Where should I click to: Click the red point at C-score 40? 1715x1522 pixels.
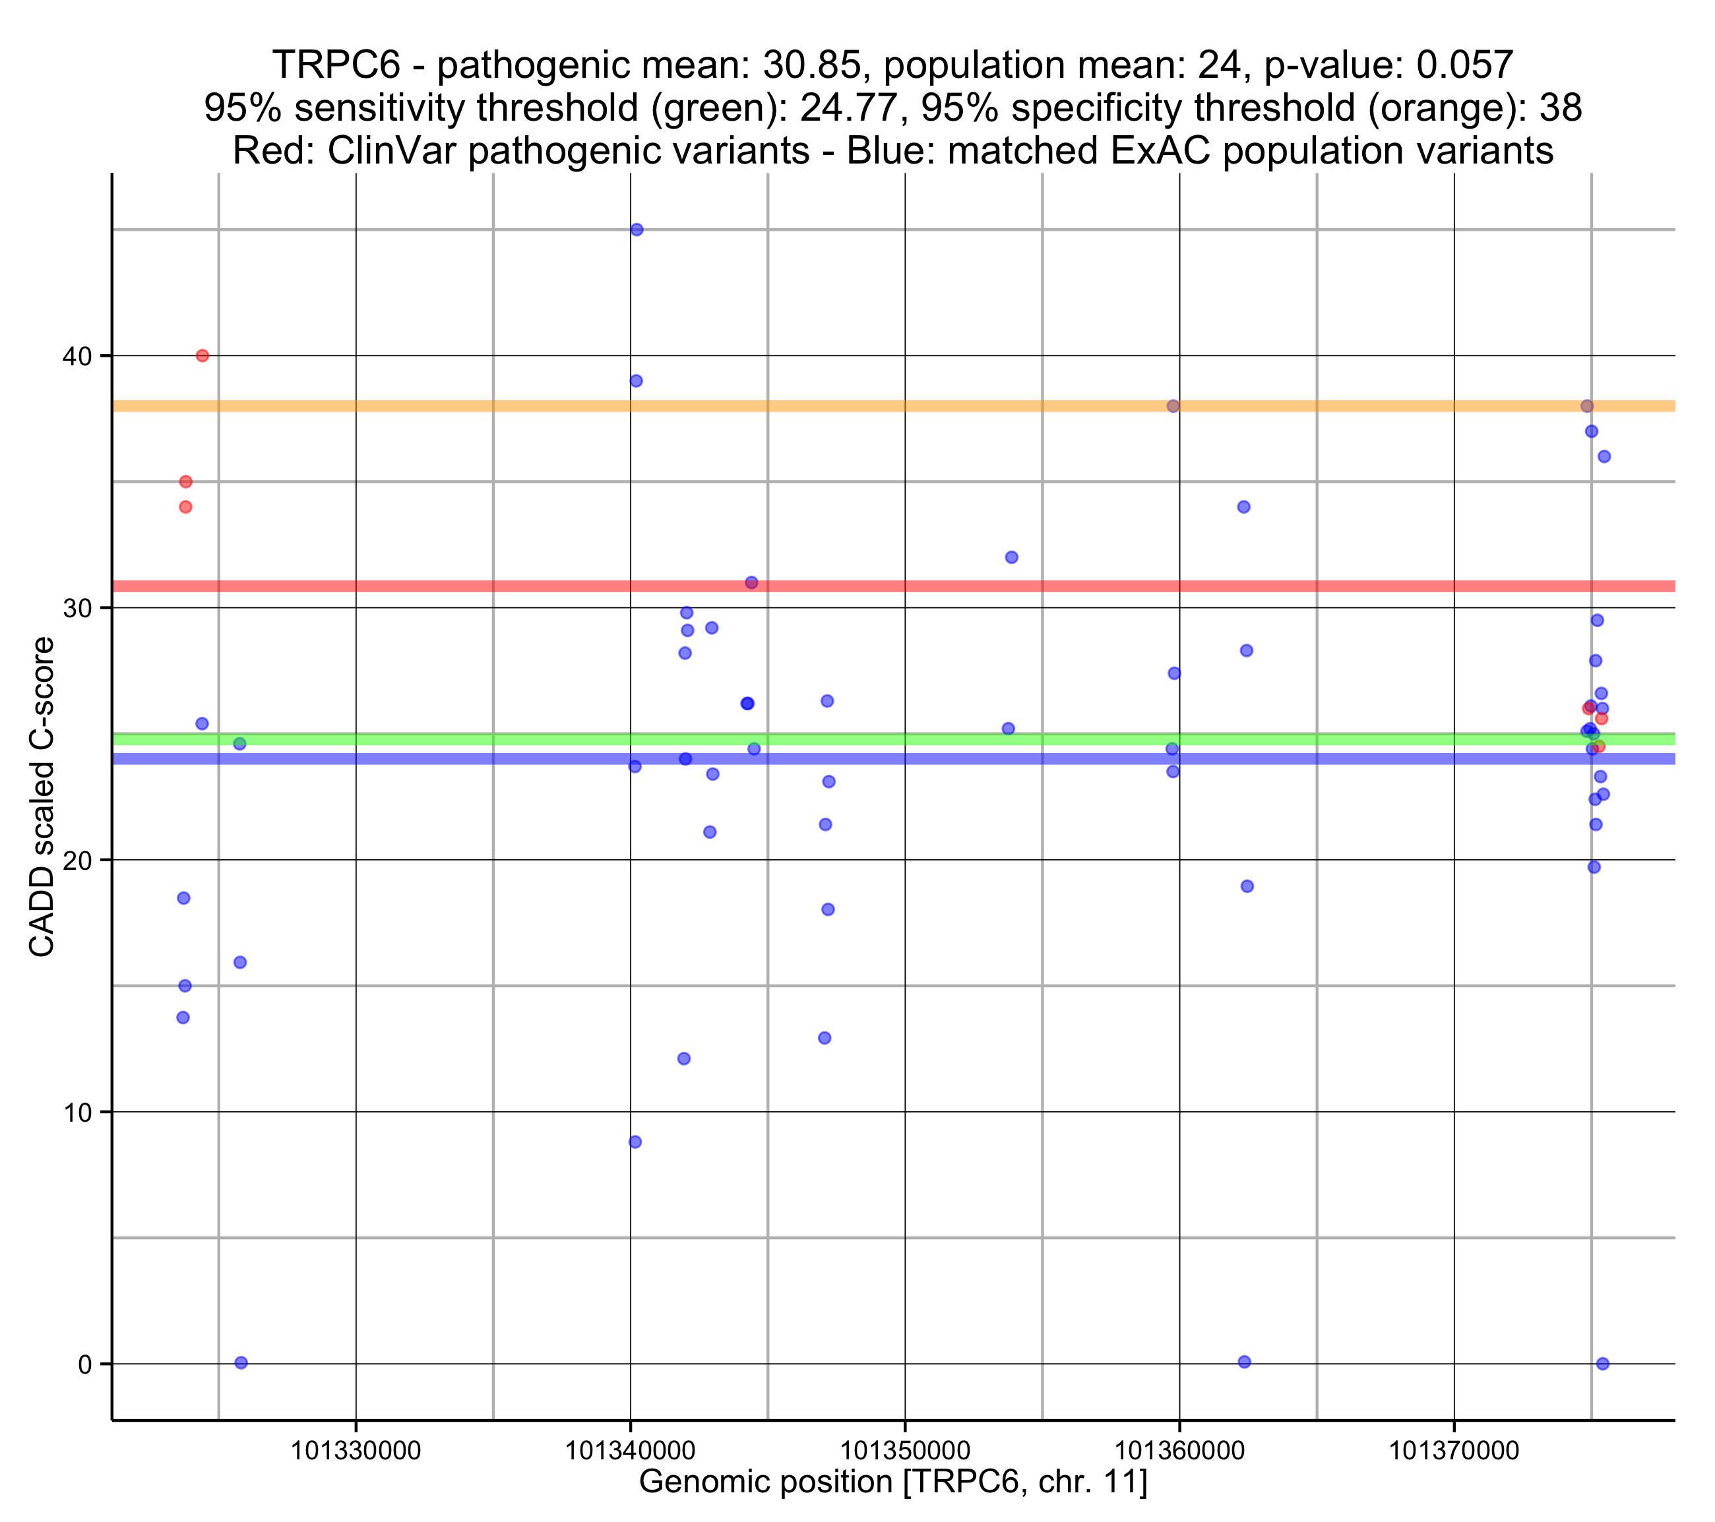tap(203, 355)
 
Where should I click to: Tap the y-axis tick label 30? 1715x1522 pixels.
tap(77, 608)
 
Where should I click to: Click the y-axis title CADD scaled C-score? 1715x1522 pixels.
tap(42, 797)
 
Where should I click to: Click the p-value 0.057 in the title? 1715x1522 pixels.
tap(1464, 65)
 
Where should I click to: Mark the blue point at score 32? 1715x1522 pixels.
tap(1012, 557)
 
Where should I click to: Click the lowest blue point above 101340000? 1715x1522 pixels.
tap(635, 1142)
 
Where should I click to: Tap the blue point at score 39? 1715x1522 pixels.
tap(636, 381)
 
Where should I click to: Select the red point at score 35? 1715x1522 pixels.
tap(186, 481)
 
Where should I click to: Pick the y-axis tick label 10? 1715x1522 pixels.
tap(77, 1112)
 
